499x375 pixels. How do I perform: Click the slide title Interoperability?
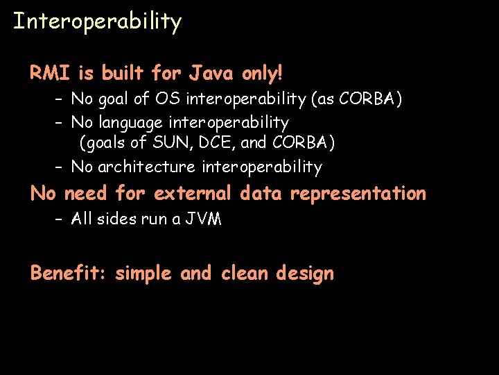point(97,22)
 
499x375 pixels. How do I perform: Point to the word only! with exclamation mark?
point(263,72)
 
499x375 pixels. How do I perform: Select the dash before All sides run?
point(60,219)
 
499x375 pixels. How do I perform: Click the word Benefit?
point(67,273)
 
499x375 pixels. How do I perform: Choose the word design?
point(304,274)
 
